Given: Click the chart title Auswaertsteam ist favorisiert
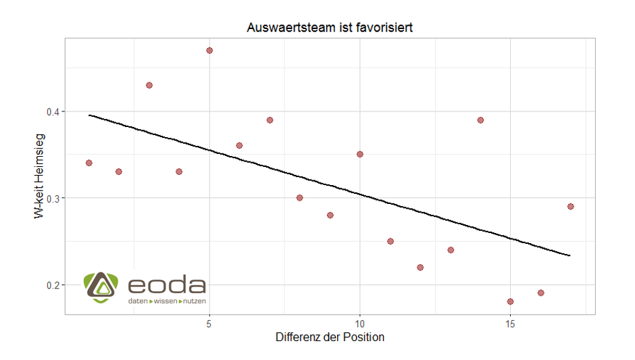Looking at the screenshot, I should pos(330,28).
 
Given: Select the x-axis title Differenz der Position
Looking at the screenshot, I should pos(330,337).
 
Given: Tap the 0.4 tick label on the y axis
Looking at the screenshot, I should pos(52,111).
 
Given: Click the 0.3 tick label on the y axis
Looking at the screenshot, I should pos(52,198).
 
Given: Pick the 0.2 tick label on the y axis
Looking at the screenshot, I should pos(52,285).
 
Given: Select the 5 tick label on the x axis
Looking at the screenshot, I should pos(209,323).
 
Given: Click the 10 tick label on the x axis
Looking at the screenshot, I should pos(359,323).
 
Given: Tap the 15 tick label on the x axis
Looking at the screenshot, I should pos(510,323).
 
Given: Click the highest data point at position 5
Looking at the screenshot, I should pos(209,51).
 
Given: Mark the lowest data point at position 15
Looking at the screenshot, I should pos(510,301).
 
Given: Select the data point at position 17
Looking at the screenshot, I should pos(570,207).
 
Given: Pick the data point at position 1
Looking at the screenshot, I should pos(88,163).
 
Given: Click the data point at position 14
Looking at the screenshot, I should pos(480,120).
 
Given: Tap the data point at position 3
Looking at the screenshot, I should pos(149,85).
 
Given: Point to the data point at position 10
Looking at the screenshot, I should pos(359,154).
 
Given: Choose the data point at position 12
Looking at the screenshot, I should pos(420,267).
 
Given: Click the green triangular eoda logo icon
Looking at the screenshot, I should pos(99,287).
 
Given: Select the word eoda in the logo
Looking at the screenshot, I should pos(167,284).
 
